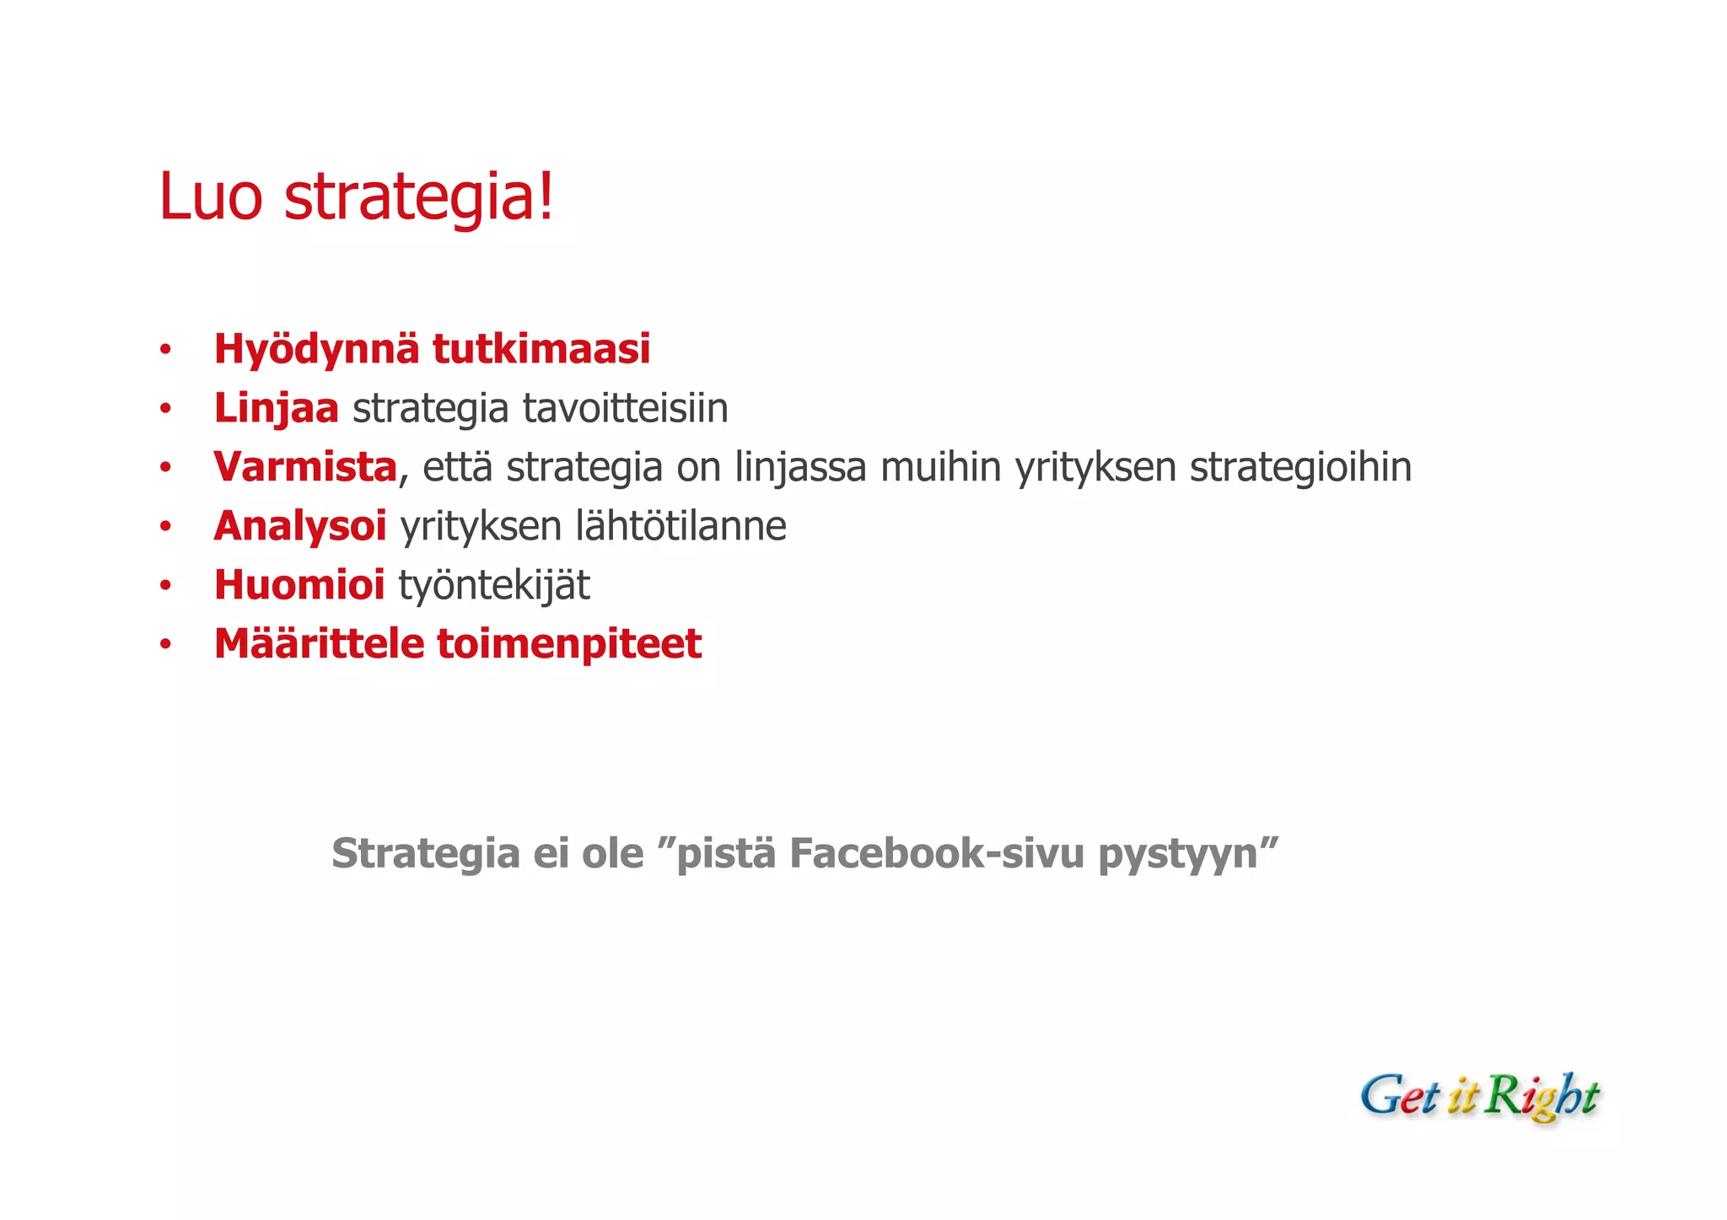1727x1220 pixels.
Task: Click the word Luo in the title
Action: [x=210, y=197]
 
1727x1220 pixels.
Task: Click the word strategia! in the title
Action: [x=419, y=197]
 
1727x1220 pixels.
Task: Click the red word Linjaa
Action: [x=276, y=409]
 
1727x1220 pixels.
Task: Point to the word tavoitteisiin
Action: [x=625, y=409]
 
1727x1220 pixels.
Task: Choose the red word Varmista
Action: [x=304, y=467]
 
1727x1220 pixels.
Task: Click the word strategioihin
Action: [x=1300, y=468]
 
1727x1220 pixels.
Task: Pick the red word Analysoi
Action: [x=299, y=526]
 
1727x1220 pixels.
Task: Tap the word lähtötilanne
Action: [x=681, y=526]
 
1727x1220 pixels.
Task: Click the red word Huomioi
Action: [x=299, y=585]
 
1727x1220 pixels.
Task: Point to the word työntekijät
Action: [x=494, y=586]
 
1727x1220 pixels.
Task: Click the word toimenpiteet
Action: [x=569, y=645]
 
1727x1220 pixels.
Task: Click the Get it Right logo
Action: [x=1479, y=1097]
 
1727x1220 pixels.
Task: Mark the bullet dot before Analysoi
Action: [x=166, y=527]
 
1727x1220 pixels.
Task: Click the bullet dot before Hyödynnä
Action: [x=166, y=350]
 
